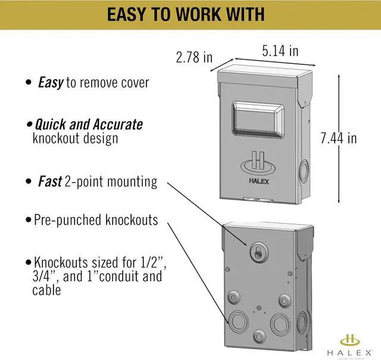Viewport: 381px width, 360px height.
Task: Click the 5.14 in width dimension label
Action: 280,51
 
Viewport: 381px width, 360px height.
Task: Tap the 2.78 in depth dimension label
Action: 194,57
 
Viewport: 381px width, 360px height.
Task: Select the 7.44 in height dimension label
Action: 338,138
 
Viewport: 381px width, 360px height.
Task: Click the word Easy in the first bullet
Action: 51,83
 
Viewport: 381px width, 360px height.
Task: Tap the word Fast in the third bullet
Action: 50,181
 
